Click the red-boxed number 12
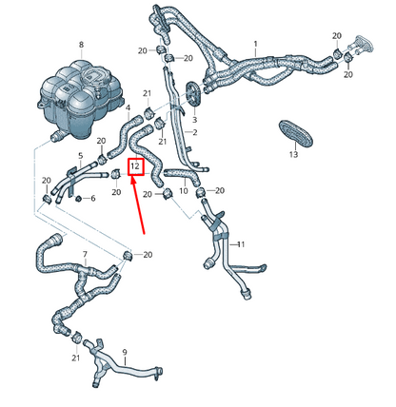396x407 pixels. [x=136, y=166]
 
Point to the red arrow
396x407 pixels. [x=140, y=204]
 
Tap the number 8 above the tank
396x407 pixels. [x=81, y=45]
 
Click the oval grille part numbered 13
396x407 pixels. [x=292, y=131]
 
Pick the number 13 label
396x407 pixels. [x=293, y=154]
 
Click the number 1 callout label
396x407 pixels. [x=255, y=44]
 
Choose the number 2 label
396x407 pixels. [x=194, y=132]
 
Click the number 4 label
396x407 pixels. [x=128, y=108]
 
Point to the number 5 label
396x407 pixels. [x=80, y=156]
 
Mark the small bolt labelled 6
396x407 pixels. [x=79, y=199]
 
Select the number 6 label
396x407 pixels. [x=92, y=199]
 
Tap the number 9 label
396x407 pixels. [x=124, y=352]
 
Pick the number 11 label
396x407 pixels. [x=241, y=244]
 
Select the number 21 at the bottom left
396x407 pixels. [x=75, y=359]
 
